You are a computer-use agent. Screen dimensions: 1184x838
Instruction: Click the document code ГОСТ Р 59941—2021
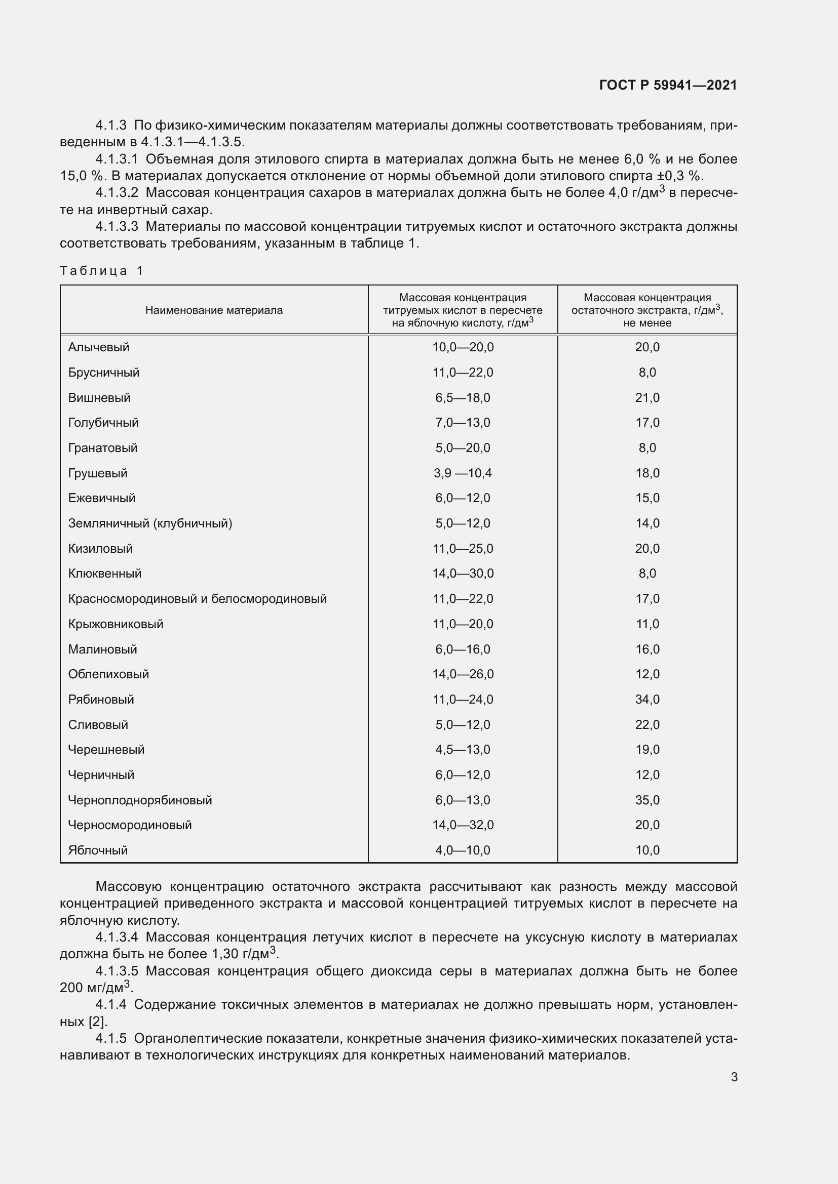(668, 85)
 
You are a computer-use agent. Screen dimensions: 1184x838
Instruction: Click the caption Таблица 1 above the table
(101, 271)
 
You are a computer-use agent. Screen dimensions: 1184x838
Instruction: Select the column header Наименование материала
(214, 310)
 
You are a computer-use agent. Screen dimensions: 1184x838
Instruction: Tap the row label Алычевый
(99, 347)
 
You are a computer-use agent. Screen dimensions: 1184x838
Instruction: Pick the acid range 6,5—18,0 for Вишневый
(463, 397)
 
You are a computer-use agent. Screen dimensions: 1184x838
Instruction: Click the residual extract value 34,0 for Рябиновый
(647, 699)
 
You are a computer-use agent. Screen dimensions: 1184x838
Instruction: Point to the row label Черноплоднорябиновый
(140, 800)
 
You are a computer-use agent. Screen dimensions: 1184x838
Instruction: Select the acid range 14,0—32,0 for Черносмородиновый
(463, 825)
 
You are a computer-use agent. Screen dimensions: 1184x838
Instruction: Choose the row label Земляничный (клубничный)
(150, 523)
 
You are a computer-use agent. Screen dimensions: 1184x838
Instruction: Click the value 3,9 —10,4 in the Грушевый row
(463, 473)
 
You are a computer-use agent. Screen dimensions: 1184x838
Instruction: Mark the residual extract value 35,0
(647, 800)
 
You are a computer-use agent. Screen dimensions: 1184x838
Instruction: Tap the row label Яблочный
(98, 850)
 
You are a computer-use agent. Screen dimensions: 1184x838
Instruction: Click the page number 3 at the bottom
(734, 1077)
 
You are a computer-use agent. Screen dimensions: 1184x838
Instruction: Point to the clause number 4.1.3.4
(117, 937)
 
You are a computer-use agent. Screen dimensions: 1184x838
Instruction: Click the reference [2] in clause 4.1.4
(98, 1021)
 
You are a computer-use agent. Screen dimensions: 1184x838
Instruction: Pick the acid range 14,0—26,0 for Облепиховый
(463, 674)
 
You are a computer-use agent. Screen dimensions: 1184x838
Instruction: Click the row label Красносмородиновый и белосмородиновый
(197, 599)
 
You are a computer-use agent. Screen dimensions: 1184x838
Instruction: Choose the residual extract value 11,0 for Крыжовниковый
(647, 624)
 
